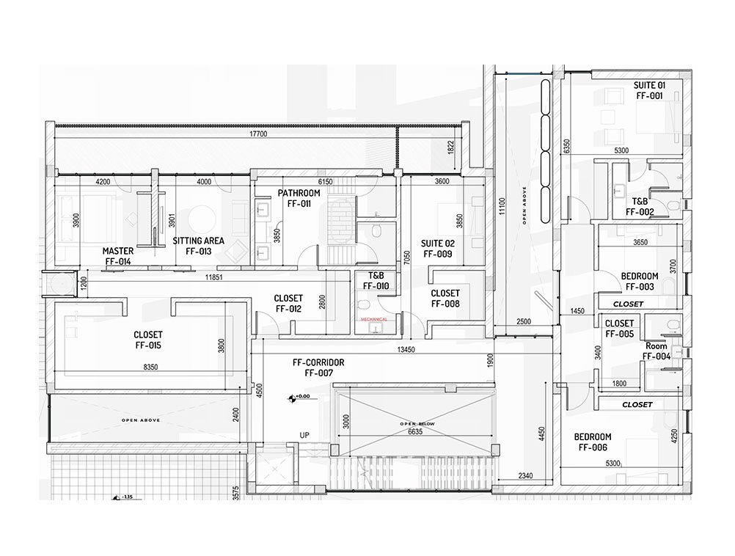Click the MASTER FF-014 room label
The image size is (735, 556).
(117, 256)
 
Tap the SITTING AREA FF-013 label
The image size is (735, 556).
(198, 246)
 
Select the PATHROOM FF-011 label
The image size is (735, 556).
(299, 199)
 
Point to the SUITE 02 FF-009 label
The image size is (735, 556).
(436, 249)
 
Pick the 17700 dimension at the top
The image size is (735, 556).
(257, 135)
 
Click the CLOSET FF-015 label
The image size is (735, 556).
(147, 340)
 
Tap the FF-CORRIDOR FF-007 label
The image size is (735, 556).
(318, 367)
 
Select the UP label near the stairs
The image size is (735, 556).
(304, 436)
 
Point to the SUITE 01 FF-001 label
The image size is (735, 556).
(649, 91)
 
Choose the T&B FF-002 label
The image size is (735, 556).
(640, 206)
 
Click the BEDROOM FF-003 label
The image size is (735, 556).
(639, 282)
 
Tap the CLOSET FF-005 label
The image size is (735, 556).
(619, 329)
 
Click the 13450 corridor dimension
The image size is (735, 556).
(406, 350)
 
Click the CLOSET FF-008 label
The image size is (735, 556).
(445, 299)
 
